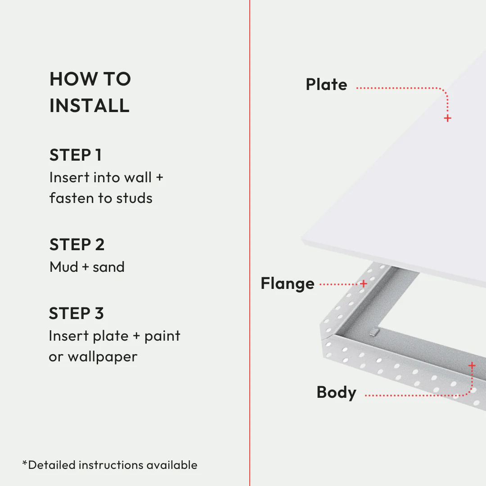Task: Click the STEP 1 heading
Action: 76,155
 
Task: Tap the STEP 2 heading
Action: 77,245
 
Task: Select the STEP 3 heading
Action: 76,313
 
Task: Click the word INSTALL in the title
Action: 90,106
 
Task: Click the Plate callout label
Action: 326,85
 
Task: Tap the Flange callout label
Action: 288,284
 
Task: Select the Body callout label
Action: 336,392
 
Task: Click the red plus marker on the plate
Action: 447,118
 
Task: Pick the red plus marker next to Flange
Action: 364,284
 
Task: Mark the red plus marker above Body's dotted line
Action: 472,365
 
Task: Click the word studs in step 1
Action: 134,198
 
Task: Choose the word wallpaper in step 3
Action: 102,357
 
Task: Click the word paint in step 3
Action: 162,336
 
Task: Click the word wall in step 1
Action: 138,177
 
